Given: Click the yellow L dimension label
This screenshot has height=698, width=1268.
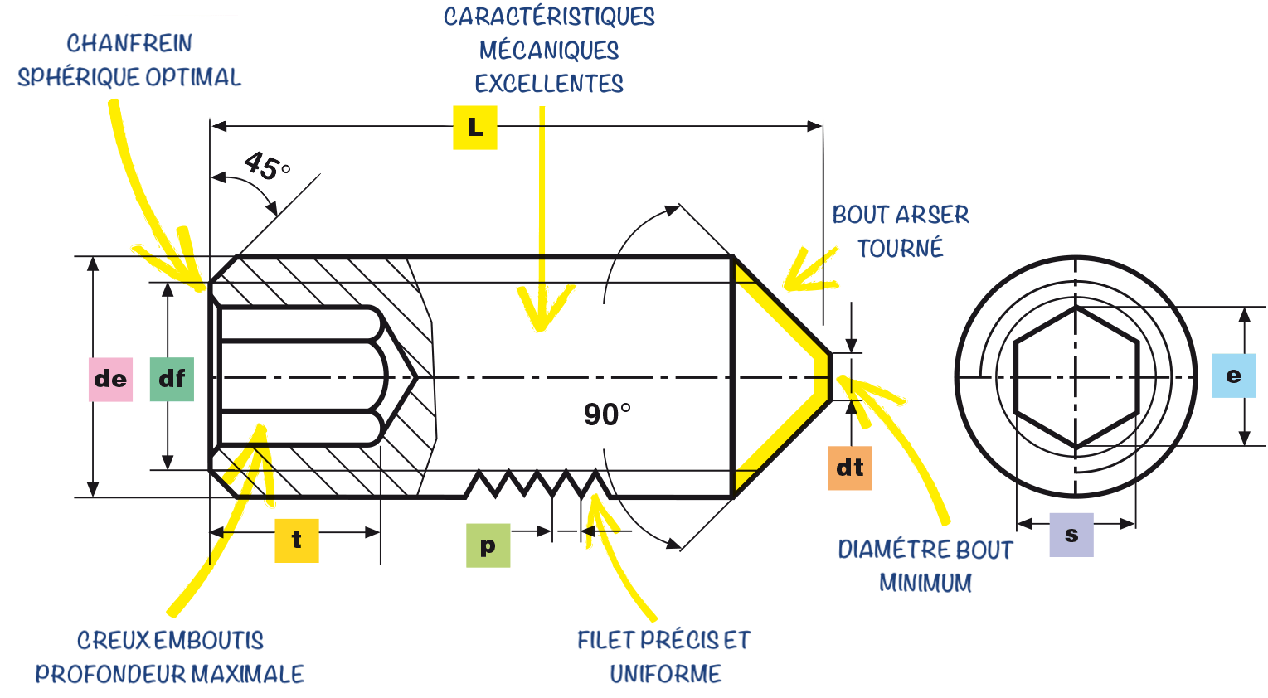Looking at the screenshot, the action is (x=475, y=128).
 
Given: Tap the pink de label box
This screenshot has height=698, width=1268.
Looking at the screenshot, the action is (x=110, y=379).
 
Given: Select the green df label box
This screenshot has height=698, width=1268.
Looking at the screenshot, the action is (x=172, y=379).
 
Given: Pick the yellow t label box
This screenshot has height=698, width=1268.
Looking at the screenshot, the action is (x=297, y=540).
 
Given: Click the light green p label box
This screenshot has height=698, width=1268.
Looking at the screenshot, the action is (x=488, y=545).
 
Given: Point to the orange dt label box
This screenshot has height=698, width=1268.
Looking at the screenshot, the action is (x=850, y=468).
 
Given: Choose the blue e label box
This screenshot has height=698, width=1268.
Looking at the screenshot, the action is (x=1233, y=376).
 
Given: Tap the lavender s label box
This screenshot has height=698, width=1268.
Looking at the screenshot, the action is (x=1071, y=535).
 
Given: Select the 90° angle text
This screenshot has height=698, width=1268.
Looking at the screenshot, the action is (x=607, y=414).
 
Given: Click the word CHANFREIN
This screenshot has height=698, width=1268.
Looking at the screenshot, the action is (x=129, y=44).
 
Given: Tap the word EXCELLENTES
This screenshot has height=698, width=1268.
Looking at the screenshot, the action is (x=549, y=84).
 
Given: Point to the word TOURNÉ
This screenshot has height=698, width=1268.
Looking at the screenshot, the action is (x=900, y=248).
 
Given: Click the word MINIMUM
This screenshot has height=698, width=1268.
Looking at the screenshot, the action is (x=925, y=583).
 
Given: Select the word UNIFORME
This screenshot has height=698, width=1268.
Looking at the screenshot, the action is (x=666, y=674).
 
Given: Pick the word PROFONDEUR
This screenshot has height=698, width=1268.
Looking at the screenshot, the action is (x=109, y=674).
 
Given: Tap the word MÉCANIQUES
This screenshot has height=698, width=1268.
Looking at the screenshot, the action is (x=549, y=50).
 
